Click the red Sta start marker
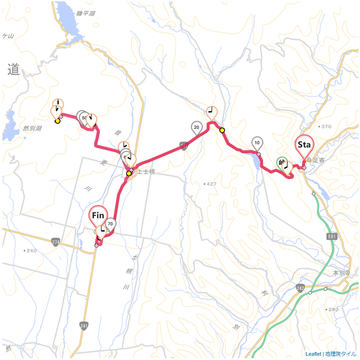[304, 145]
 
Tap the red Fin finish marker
[98, 216]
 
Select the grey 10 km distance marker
[257, 142]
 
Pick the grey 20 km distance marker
[196, 127]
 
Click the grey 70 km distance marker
[110, 224]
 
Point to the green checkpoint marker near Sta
[282, 162]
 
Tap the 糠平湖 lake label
[87, 14]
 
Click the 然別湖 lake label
[32, 128]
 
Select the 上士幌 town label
[146, 172]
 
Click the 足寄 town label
[319, 160]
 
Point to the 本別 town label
[338, 272]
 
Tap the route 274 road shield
[56, 242]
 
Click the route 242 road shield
[300, 287]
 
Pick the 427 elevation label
[211, 184]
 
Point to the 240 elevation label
[31, 250]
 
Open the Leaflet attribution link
[313, 354]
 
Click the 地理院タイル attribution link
[341, 354]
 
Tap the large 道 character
[13, 70]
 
